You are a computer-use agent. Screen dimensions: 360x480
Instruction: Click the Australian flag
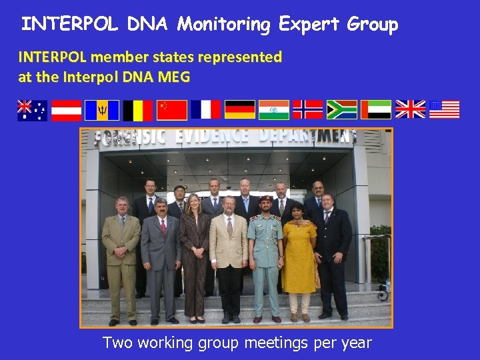(32, 109)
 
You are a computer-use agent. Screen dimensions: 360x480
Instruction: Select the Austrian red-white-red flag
(67, 109)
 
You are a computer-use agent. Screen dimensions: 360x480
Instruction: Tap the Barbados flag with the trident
(101, 109)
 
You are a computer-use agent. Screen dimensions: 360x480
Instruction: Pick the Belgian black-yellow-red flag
(137, 109)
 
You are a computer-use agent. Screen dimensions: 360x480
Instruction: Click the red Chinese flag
(171, 109)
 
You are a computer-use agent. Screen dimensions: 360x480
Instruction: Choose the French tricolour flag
(205, 109)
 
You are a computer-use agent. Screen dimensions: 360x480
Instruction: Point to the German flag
(240, 109)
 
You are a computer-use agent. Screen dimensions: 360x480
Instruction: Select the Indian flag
(274, 109)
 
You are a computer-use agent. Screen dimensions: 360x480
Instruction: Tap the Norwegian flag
(308, 109)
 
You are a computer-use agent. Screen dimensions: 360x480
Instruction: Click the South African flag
(342, 109)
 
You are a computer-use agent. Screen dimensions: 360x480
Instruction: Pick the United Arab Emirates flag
(376, 109)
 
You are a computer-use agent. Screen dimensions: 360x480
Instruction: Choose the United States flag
(445, 109)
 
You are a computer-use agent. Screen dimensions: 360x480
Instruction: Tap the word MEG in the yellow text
(175, 77)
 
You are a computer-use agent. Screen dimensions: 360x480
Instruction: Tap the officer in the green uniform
(265, 253)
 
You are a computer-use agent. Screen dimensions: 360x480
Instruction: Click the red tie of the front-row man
(163, 226)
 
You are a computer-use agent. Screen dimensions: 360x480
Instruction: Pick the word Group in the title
(373, 25)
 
